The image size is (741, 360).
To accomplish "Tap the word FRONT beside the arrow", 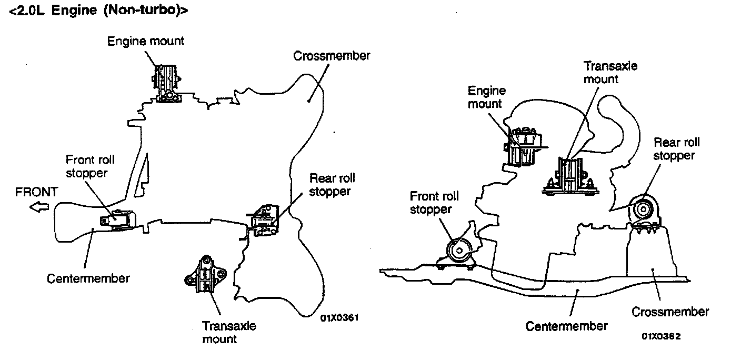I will [36, 192].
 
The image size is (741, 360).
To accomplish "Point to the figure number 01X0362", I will [660, 336].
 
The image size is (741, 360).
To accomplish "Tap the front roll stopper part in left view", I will [119, 220].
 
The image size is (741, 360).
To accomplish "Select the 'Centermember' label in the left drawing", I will [88, 278].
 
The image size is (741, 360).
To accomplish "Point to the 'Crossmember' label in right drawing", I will [670, 312].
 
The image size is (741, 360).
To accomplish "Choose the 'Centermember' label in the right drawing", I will [566, 326].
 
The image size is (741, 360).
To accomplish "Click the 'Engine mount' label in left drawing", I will [146, 41].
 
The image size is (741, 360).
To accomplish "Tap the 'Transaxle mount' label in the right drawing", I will [610, 73].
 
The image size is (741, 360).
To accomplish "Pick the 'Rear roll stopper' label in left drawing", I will [329, 185].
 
